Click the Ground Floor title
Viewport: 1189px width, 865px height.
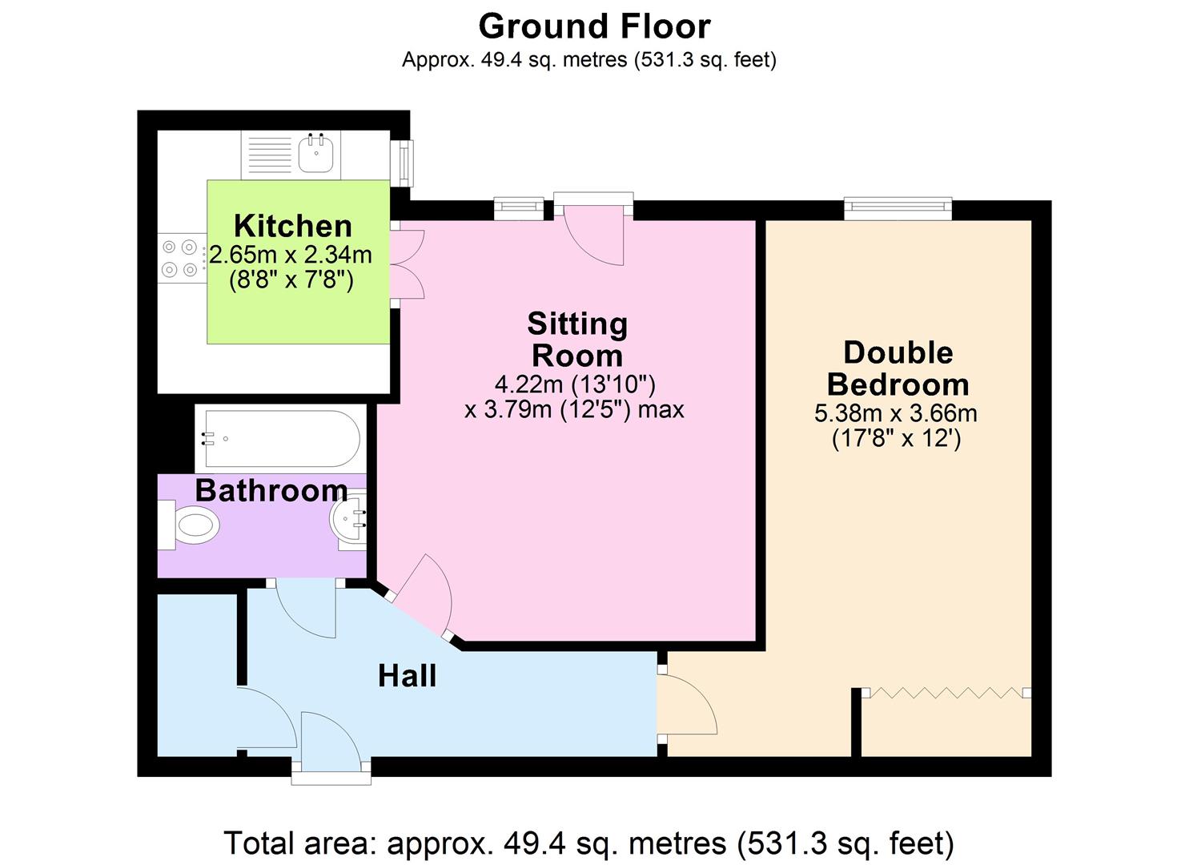(x=594, y=26)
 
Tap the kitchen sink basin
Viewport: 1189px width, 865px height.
(x=316, y=153)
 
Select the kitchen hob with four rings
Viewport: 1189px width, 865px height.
(x=180, y=259)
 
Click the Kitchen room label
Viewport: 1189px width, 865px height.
(x=292, y=226)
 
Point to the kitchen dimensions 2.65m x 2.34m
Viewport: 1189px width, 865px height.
(x=291, y=255)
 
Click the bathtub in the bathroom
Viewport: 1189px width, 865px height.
(x=280, y=438)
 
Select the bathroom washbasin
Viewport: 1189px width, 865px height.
(x=349, y=521)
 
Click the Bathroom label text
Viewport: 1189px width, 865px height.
(x=271, y=490)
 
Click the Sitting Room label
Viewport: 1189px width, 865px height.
(x=576, y=340)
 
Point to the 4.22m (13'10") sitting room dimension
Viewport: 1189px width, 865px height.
(x=575, y=384)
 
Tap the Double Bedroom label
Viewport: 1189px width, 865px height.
(x=898, y=368)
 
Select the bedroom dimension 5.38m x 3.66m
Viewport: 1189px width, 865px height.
(x=895, y=413)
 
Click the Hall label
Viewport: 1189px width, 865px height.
(x=407, y=676)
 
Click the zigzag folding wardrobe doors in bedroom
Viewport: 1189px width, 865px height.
(x=946, y=692)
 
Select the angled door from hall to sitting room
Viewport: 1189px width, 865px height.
(x=424, y=597)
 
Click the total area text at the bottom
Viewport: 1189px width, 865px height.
(x=588, y=843)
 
